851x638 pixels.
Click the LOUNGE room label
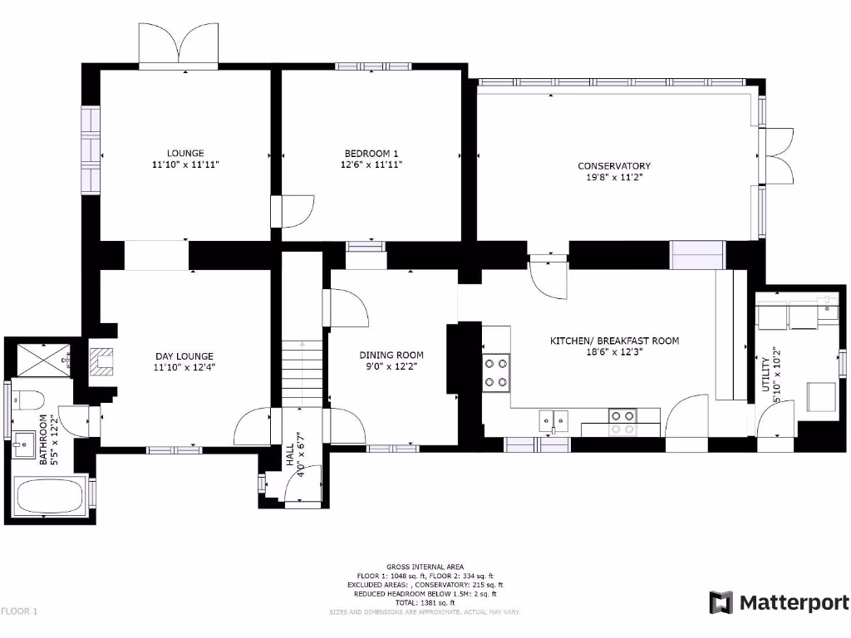pos(184,153)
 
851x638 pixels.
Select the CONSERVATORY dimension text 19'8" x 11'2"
pos(614,177)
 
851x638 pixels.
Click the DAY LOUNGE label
pos(184,356)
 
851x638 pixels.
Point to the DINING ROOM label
pos(391,355)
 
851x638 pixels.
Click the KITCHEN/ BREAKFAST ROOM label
pos(614,341)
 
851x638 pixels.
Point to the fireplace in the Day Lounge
pos(103,362)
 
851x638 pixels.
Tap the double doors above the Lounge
pos(178,46)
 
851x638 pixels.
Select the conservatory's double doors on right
pos(778,155)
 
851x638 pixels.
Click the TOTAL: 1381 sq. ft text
pos(425,602)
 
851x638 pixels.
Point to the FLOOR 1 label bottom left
pos(20,611)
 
